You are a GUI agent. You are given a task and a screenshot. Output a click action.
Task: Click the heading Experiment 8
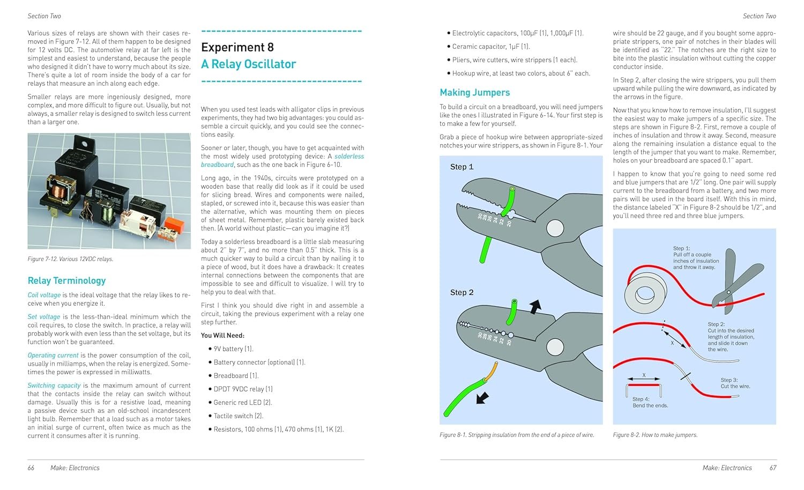point(237,48)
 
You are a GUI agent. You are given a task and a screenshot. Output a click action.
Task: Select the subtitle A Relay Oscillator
point(248,64)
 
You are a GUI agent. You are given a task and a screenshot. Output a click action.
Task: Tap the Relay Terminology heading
point(66,280)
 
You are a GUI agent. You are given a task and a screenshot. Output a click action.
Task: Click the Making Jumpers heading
point(474,93)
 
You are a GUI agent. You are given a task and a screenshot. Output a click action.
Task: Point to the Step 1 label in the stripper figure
point(461,167)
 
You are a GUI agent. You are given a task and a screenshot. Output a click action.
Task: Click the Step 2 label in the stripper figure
point(461,292)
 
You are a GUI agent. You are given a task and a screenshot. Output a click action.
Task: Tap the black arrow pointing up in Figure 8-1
point(534,306)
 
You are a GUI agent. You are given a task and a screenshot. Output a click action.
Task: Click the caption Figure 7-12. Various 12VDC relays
point(70,259)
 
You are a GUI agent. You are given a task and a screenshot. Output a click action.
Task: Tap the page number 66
point(31,468)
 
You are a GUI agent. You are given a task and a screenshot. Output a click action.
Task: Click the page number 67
point(773,468)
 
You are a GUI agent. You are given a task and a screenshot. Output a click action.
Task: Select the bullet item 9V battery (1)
point(233,349)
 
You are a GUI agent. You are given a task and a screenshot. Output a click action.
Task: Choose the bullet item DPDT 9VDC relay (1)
point(243,389)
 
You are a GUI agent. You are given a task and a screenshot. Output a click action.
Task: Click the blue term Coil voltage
point(44,295)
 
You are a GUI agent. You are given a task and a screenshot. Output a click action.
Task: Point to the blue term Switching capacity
point(54,385)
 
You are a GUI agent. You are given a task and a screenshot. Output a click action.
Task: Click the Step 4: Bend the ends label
point(650,402)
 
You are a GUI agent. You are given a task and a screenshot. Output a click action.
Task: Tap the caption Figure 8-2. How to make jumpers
point(655,435)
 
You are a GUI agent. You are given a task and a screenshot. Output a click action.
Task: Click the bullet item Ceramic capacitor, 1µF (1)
point(490,47)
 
